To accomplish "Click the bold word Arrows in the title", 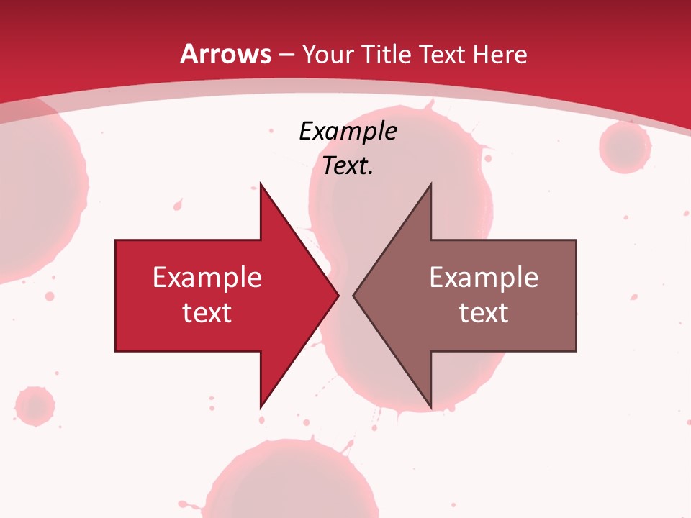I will point(226,55).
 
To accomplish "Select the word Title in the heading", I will point(385,55).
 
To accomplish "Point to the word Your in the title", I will point(328,55).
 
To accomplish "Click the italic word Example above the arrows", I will point(348,132).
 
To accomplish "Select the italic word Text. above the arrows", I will point(348,166).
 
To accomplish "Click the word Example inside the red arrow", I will point(207,278).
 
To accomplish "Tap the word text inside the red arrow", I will point(207,313).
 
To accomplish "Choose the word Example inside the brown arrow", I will point(484,278).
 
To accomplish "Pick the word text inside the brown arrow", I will point(484,313).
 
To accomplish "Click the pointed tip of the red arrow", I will point(338,295).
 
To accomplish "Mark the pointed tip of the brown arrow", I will point(353,295).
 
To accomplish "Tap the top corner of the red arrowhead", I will point(261,184).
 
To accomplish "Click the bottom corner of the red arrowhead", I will point(261,407).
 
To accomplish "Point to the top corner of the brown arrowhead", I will point(430,184).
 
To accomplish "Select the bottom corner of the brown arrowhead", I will point(430,407).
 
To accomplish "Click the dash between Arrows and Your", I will point(286,55).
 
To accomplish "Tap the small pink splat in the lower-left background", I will point(34,406).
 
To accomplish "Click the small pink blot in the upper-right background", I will point(625,147).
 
